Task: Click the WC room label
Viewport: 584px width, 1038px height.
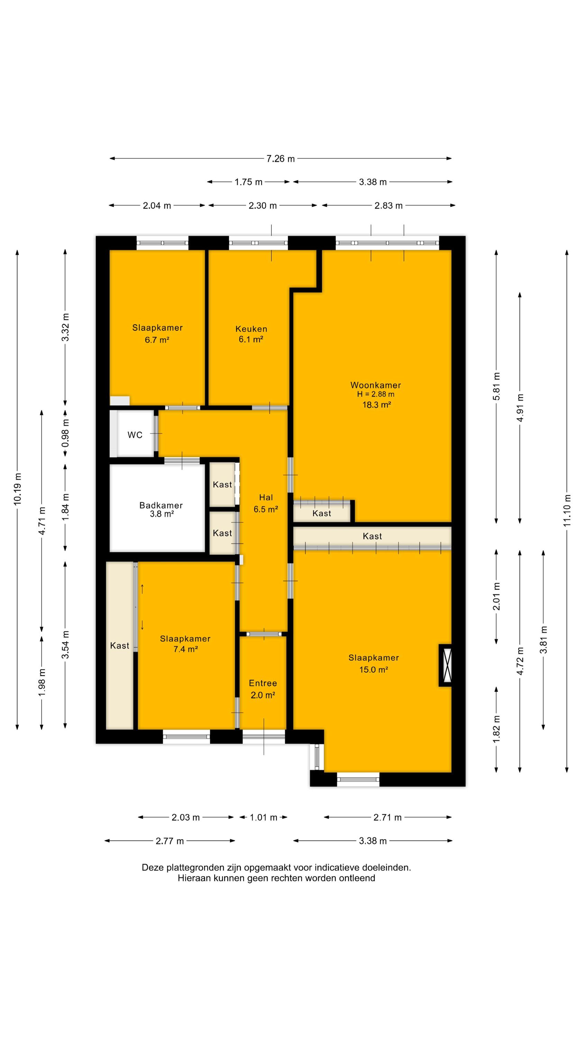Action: [135, 435]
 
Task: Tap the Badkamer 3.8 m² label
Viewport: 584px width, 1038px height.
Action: [161, 509]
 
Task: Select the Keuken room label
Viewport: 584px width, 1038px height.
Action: [251, 329]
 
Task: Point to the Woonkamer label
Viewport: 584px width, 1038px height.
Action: [376, 385]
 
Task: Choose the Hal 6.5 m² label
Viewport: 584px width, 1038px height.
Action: [266, 503]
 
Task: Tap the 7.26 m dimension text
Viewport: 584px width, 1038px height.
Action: [281, 159]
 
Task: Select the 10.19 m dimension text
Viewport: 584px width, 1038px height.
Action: [17, 489]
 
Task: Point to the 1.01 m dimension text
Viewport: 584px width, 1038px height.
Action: [264, 818]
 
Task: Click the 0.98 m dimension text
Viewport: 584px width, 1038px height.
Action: [65, 433]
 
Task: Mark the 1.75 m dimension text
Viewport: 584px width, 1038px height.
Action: [249, 182]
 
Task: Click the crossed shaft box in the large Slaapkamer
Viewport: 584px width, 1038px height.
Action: [445, 665]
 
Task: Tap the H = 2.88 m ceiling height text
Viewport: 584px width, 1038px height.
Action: [376, 394]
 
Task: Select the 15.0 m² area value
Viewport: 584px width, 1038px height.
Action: [374, 670]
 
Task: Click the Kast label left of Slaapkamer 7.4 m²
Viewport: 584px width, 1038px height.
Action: [120, 646]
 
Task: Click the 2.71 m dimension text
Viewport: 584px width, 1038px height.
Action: [388, 818]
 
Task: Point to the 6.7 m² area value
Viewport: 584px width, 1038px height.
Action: [157, 340]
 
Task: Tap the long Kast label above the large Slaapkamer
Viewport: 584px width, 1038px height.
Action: [372, 536]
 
